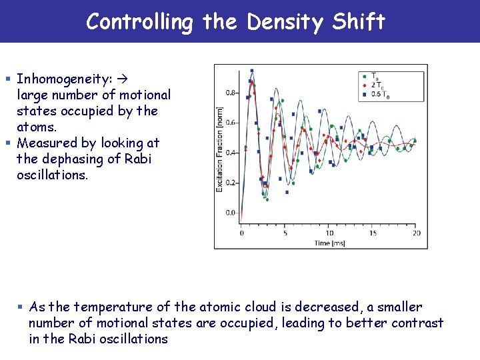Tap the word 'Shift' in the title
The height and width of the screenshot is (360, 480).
click(358, 22)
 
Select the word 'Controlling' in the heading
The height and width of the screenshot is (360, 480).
click(139, 22)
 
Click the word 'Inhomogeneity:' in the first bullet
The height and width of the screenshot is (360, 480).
click(63, 79)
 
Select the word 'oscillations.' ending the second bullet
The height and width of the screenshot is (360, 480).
click(52, 175)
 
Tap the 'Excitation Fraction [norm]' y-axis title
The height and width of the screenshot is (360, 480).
click(219, 149)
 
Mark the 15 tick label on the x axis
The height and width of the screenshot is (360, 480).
click(373, 233)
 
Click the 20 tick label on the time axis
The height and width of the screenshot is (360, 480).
click(417, 233)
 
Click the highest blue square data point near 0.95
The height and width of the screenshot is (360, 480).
click(251, 71)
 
